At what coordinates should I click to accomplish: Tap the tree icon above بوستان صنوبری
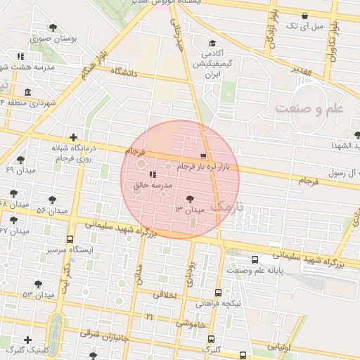coord(53,28)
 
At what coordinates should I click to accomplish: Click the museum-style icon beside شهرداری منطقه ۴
coord(27,93)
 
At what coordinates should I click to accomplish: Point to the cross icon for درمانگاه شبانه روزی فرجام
coord(73,137)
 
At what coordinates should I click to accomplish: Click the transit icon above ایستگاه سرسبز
coord(70,239)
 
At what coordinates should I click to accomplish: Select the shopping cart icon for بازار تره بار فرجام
coord(204,156)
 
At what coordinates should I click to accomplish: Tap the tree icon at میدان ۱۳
coord(190,199)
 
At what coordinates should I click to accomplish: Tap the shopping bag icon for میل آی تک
coord(304,15)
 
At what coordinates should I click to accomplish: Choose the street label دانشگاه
coord(122,71)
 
